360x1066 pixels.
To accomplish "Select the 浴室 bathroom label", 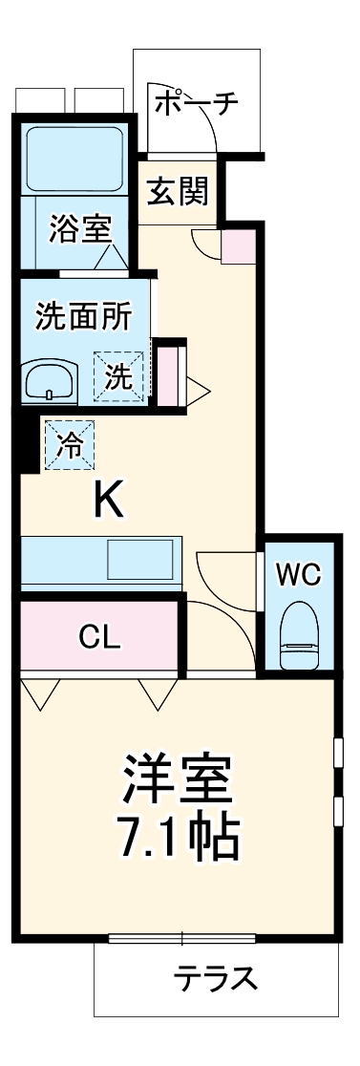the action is click(x=81, y=230).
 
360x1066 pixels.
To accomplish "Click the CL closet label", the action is click(x=99, y=637).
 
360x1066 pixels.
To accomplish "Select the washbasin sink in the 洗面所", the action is click(x=48, y=382).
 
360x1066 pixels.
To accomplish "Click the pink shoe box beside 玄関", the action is click(x=239, y=246).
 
